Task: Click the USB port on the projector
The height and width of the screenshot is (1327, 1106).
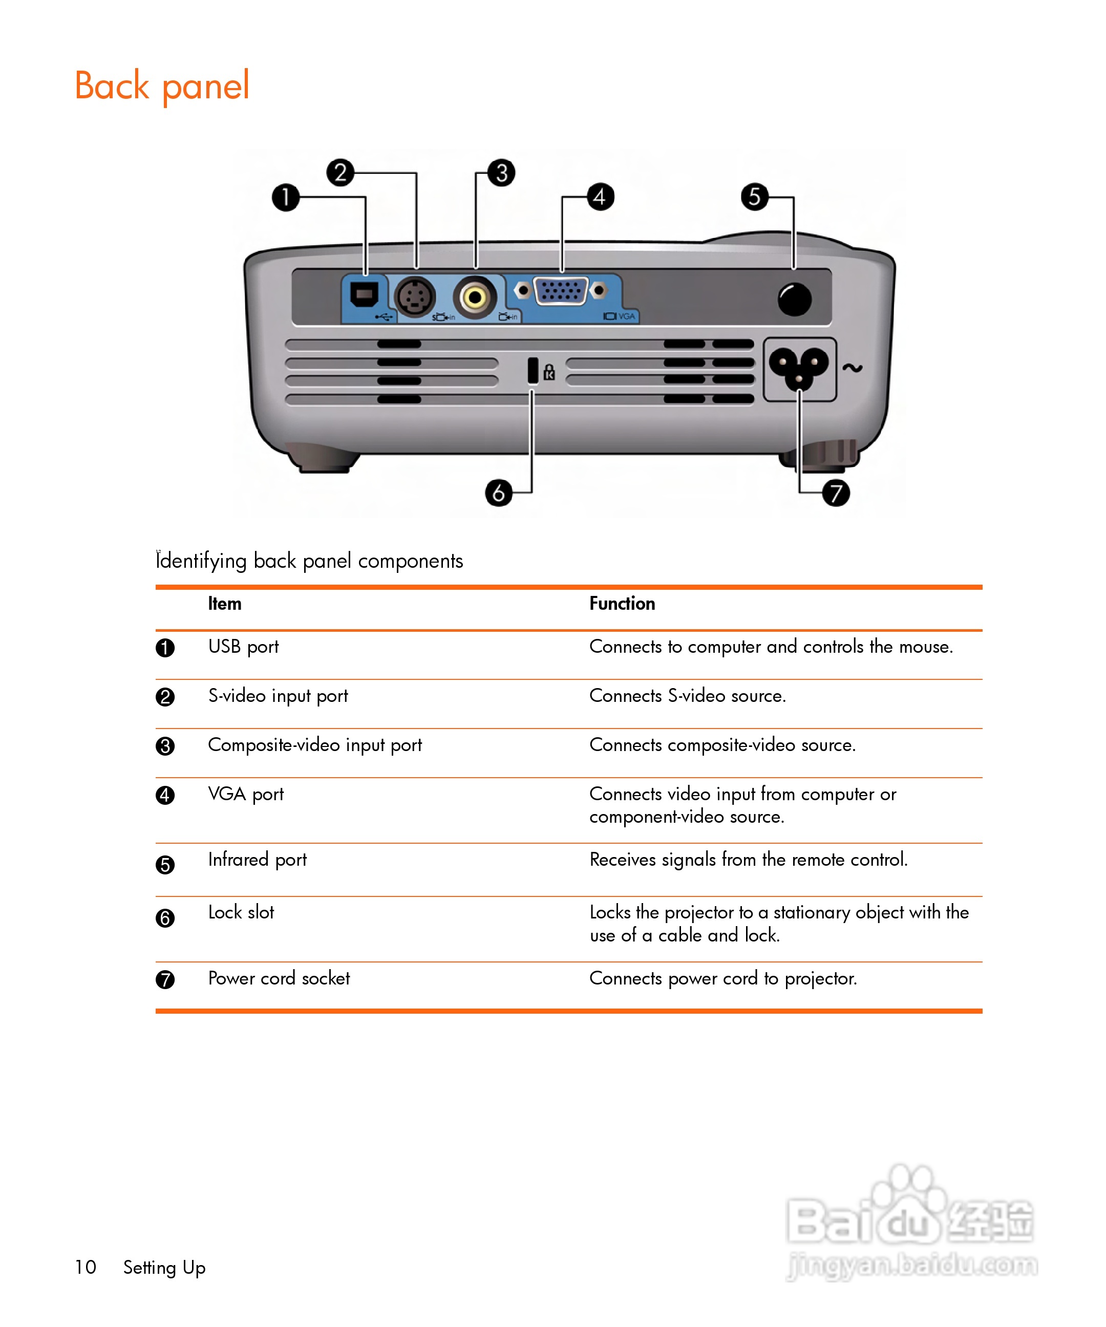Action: pyautogui.click(x=364, y=294)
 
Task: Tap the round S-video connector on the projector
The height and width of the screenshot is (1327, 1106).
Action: pyautogui.click(x=415, y=297)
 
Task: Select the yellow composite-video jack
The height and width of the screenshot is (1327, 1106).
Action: pyautogui.click(x=475, y=296)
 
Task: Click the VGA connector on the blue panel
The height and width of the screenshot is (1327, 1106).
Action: pyautogui.click(x=561, y=291)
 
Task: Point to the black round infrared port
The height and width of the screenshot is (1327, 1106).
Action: pyautogui.click(x=794, y=299)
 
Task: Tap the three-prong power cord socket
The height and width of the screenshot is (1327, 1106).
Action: pyautogui.click(x=799, y=369)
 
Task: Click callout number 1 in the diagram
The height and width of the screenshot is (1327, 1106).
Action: pyautogui.click(x=286, y=197)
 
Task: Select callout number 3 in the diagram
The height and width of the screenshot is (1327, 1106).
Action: pyautogui.click(x=501, y=173)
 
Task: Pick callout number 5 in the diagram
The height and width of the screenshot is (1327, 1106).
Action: pyautogui.click(x=755, y=197)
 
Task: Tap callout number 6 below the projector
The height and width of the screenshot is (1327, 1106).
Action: pyautogui.click(x=499, y=493)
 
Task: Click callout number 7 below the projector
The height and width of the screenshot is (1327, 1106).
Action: pyautogui.click(x=836, y=493)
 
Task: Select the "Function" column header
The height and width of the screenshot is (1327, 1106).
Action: pyautogui.click(x=622, y=604)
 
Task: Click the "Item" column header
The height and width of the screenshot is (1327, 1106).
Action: pyautogui.click(x=224, y=604)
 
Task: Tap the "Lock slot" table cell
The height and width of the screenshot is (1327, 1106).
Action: pyautogui.click(x=241, y=912)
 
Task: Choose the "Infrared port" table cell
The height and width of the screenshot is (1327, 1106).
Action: pyautogui.click(x=257, y=860)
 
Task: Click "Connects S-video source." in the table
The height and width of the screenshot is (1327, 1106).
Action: pyautogui.click(x=687, y=696)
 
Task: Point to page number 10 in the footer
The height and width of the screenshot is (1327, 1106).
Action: pyautogui.click(x=86, y=1267)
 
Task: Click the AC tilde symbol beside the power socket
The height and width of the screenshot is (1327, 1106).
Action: pyautogui.click(x=852, y=368)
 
